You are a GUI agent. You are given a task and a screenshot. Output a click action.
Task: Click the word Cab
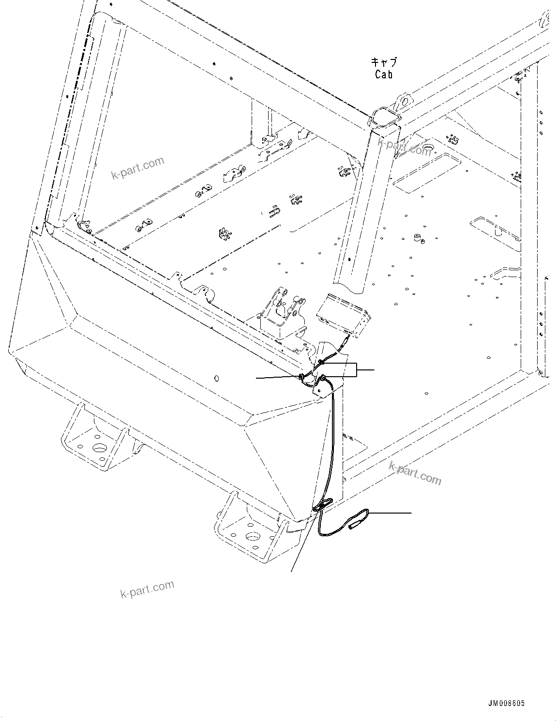click(383, 74)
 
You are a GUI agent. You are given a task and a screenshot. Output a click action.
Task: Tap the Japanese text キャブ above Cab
click(384, 62)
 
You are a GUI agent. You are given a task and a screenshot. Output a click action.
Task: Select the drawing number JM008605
click(506, 703)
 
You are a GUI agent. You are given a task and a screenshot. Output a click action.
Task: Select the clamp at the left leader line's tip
click(302, 377)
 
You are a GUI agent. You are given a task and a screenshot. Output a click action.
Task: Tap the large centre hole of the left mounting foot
click(99, 448)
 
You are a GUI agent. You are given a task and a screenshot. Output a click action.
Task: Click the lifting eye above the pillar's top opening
click(402, 101)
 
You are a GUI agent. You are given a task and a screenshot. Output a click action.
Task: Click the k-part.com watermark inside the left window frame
click(137, 167)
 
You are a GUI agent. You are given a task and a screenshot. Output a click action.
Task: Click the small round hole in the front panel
click(217, 378)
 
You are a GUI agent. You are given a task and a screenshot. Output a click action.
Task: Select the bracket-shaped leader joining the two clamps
click(357, 369)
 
